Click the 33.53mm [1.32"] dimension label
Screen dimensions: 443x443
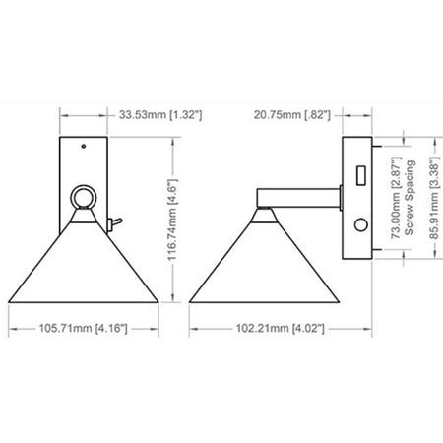click(160, 115)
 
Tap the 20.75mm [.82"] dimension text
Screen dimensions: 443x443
click(291, 115)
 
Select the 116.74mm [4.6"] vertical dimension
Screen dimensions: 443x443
click(172, 220)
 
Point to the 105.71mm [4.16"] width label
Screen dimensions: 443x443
click(84, 328)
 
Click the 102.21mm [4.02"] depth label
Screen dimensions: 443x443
click(281, 328)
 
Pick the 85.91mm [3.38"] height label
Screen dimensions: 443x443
click(434, 198)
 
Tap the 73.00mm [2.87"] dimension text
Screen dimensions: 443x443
click(397, 198)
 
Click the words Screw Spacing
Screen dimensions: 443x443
click(410, 198)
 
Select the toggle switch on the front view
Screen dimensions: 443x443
click(114, 224)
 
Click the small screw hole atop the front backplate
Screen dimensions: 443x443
click(84, 146)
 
